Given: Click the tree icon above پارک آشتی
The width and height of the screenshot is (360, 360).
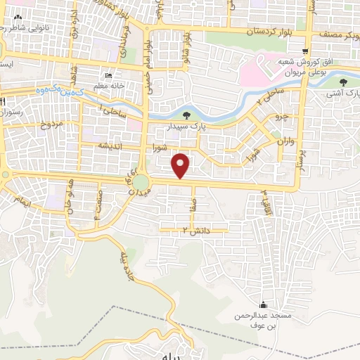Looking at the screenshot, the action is click(x=342, y=83).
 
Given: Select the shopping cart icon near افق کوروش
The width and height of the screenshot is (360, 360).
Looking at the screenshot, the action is click(x=304, y=51).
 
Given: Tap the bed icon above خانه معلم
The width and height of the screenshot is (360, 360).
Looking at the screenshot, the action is click(x=107, y=76).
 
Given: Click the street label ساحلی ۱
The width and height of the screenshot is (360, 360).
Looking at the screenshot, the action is click(x=112, y=112).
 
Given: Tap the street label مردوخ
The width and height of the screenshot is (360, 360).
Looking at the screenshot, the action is click(x=51, y=126).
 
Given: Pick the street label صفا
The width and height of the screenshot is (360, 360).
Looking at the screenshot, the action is click(x=193, y=205).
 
